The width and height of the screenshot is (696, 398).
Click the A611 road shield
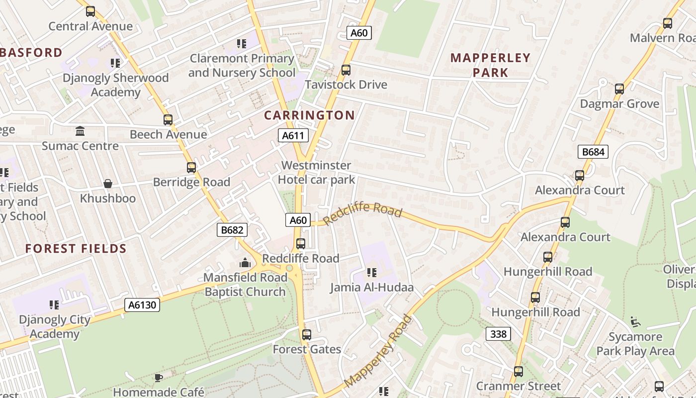pyautogui.click(x=293, y=135)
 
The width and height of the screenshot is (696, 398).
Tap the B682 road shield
pyautogui.click(x=232, y=229)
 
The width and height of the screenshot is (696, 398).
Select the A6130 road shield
pyautogui.click(x=142, y=304)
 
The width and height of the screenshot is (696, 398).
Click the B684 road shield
pyautogui.click(x=593, y=152)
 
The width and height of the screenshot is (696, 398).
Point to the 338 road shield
pyautogui.click(x=498, y=334)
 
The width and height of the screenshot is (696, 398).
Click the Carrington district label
pyautogui.click(x=309, y=115)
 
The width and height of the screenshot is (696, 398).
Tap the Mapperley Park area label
pyautogui.click(x=490, y=65)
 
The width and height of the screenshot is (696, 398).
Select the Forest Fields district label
pyautogui.click(x=76, y=248)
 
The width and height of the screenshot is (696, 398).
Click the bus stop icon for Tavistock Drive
pyautogui.click(x=346, y=70)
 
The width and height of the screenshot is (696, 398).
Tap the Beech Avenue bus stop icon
pyautogui.click(x=168, y=120)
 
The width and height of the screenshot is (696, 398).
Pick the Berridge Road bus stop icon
pyautogui.click(x=191, y=168)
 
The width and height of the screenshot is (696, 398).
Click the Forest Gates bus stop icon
pyautogui.click(x=307, y=335)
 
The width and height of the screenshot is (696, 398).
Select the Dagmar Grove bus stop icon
pyautogui.click(x=619, y=89)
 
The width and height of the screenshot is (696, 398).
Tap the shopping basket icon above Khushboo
pyautogui.click(x=108, y=184)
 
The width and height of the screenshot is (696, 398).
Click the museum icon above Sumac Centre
pyautogui.click(x=80, y=131)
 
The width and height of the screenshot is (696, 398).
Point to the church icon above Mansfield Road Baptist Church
pyautogui.click(x=245, y=262)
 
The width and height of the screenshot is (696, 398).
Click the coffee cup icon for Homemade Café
pyautogui.click(x=158, y=378)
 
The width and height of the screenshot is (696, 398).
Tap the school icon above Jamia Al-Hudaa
pyautogui.click(x=372, y=273)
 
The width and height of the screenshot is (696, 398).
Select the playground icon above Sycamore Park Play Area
pyautogui.click(x=635, y=322)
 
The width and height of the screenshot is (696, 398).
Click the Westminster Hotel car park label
pyautogui.click(x=316, y=172)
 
